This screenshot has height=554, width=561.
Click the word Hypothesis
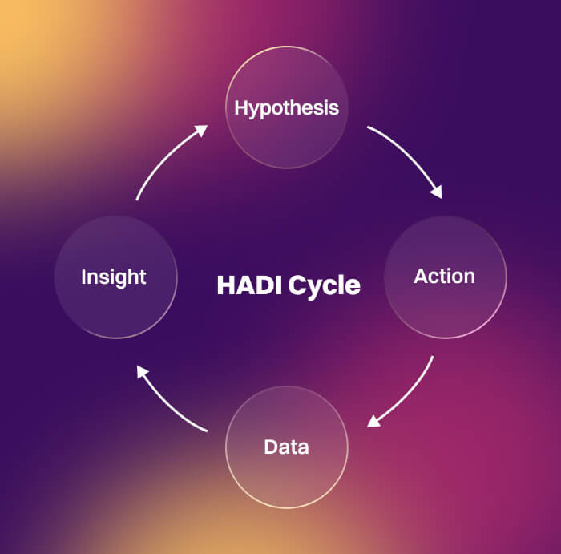pyautogui.click(x=286, y=107)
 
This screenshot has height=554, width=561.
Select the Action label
pyautogui.click(x=444, y=277)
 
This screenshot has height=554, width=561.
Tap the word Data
pyautogui.click(x=286, y=447)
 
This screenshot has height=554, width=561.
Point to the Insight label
pyautogui.click(x=114, y=277)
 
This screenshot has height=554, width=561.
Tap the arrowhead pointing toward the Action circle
pyautogui.click(x=437, y=192)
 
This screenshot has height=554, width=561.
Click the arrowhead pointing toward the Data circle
pyautogui.click(x=372, y=423)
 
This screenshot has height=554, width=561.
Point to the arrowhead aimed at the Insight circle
pyautogui.click(x=142, y=370)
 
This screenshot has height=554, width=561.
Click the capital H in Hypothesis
pyautogui.click(x=240, y=107)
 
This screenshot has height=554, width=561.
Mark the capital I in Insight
pyautogui.click(x=84, y=277)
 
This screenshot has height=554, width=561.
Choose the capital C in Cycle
pyautogui.click(x=297, y=285)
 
